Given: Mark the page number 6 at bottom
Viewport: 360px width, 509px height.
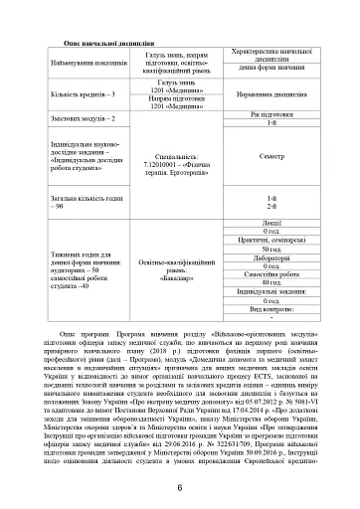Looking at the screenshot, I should point(180,486).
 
